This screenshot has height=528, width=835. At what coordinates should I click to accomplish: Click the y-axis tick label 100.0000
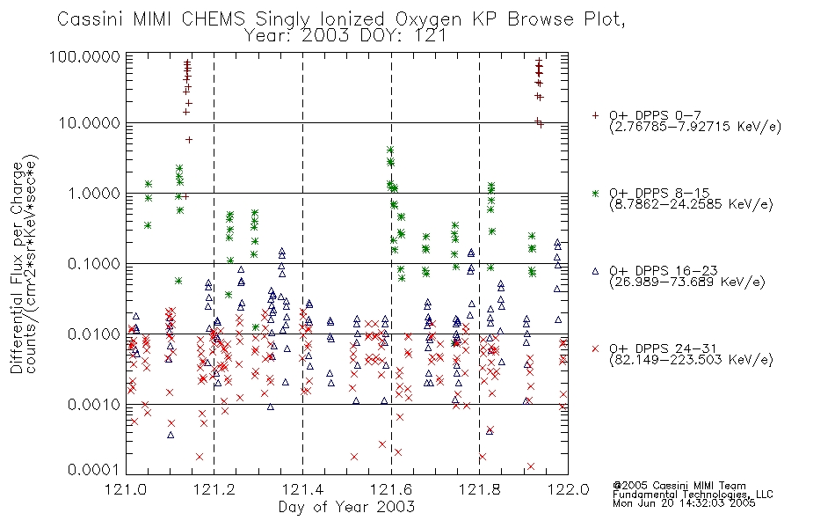point(85,56)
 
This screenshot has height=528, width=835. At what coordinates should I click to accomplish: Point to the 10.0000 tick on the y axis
point(90,123)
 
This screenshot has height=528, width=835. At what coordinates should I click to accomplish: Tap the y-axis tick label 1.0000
point(94,194)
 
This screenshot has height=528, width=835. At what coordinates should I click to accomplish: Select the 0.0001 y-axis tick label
point(94,470)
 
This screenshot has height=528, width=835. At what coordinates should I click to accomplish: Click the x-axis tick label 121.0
point(126,489)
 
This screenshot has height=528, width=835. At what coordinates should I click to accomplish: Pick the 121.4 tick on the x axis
point(302,489)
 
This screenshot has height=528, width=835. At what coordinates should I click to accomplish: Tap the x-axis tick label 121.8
point(479,489)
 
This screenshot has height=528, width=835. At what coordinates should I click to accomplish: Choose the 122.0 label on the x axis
point(568,489)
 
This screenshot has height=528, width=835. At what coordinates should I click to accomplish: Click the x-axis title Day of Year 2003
point(346,507)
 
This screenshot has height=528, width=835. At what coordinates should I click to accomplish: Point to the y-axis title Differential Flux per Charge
point(17,268)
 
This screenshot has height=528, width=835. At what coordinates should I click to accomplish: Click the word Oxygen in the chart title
point(429,19)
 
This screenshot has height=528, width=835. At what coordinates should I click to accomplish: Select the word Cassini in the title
point(91,19)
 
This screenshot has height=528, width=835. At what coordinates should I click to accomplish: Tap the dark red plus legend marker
point(595,115)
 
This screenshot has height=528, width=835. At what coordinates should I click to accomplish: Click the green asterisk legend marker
point(595,193)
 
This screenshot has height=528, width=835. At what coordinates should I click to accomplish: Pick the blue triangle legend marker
point(595,271)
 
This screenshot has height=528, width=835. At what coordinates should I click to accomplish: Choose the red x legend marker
point(595,348)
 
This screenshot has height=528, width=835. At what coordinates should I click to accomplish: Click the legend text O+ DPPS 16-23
point(664,271)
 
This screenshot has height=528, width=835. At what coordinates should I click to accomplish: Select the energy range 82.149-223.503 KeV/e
point(691,360)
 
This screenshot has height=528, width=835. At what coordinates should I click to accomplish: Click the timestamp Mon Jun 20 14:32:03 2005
point(684,503)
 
